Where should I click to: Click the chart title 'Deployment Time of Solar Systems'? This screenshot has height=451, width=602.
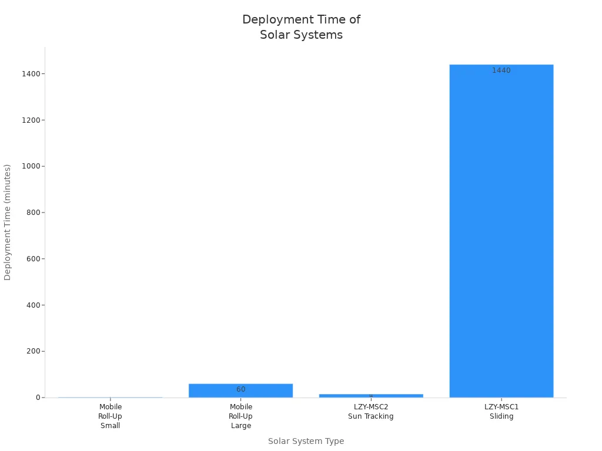pos(301,27)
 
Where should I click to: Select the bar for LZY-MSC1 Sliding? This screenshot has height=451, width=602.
pos(501,235)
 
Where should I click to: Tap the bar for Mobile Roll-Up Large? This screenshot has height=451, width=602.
pos(240,391)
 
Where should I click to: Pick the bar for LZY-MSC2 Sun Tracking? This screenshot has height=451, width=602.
pos(370,396)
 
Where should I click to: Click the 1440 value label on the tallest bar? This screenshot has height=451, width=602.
pos(501,70)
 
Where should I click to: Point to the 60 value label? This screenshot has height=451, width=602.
pos(240,389)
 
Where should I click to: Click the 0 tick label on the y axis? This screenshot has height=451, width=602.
pos(37,398)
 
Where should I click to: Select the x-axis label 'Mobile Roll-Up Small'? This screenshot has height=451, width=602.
pos(110,416)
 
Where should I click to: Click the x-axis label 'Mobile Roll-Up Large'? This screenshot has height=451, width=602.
pos(240,416)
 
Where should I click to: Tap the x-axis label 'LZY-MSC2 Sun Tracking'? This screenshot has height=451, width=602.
pos(370,412)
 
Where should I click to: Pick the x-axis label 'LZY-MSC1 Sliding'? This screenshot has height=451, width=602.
pos(501,412)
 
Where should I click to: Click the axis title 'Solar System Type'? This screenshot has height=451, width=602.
pos(306,441)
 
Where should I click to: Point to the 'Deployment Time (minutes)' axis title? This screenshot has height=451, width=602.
pos(8,222)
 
